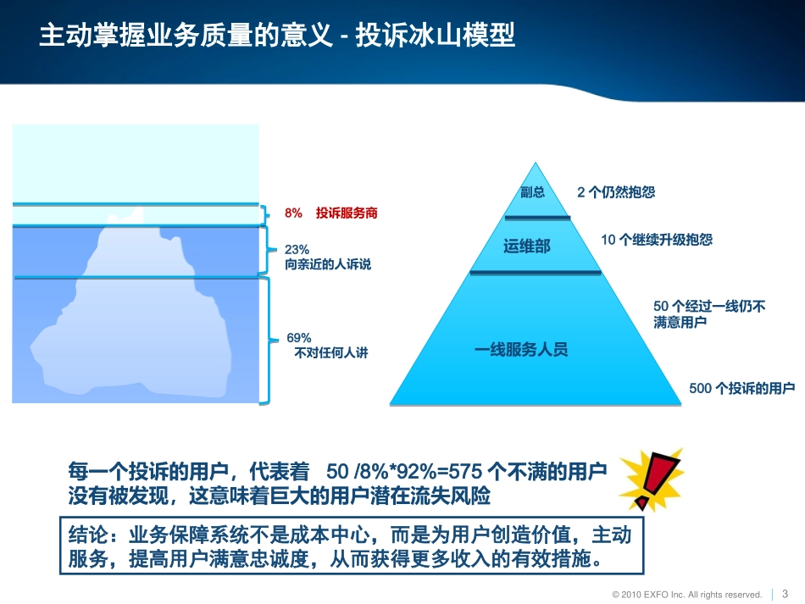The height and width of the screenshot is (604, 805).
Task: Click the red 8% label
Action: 293,214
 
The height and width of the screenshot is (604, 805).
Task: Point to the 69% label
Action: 299,337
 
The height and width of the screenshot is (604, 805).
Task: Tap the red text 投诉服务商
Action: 347,214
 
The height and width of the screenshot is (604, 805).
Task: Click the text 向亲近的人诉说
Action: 328,264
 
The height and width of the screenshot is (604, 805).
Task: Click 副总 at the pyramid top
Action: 533,192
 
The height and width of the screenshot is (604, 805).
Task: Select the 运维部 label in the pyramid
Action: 527,247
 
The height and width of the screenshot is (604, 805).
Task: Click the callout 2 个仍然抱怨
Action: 616,192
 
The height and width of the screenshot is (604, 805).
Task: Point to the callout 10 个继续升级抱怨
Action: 657,240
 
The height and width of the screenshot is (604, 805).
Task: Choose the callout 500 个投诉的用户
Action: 742,388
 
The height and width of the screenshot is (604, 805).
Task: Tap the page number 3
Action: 785,593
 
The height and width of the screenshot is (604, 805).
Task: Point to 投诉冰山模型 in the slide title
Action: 436,37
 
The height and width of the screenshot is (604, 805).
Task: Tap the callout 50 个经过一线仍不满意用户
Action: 709,314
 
